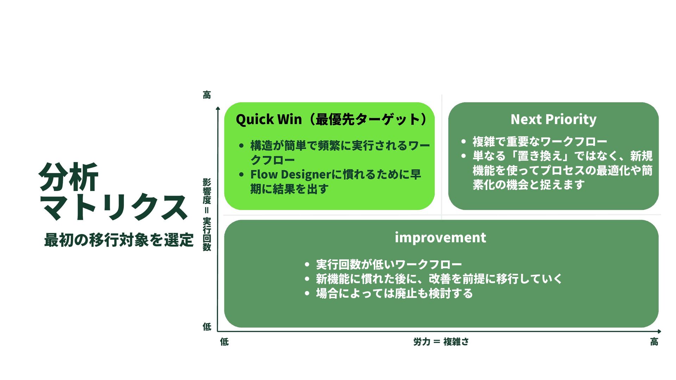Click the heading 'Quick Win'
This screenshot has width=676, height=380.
coord(269,120)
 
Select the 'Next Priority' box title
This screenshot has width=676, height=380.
coord(553,120)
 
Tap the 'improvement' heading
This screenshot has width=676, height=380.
coord(440,238)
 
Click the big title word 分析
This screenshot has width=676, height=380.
coord(68,177)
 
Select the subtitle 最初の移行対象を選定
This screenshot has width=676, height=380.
coord(119,240)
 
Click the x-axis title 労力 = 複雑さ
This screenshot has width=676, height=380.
coord(441,342)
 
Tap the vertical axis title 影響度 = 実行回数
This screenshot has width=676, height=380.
coord(207,215)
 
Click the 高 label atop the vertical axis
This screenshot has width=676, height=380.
coord(207,95)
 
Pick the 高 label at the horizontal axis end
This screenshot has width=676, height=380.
coord(654,342)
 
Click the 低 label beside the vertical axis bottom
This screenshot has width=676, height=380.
coord(207,327)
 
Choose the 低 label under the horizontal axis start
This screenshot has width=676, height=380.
coord(224,342)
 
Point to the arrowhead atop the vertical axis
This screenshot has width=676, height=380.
coord(218,108)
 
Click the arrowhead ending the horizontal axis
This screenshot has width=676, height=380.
coord(659,331)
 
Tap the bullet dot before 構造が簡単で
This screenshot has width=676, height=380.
coord(241,146)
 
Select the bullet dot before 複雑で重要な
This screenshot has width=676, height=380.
coord(463,142)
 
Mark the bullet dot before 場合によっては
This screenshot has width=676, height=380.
coord(307,293)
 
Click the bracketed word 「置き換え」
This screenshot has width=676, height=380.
coord(540,156)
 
